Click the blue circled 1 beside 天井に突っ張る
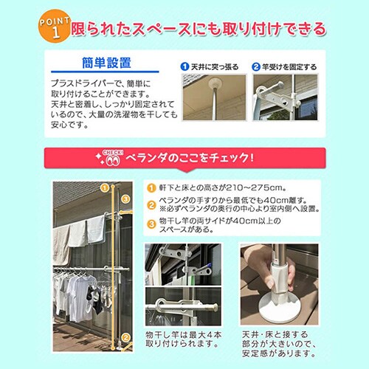pos(186,67)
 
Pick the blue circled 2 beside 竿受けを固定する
pos(256,67)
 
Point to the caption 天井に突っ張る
pos(215,67)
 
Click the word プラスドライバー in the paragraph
pos(77,85)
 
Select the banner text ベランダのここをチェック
pos(192,157)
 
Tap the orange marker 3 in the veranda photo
pos(126,199)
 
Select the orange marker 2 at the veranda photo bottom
pos(126,339)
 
